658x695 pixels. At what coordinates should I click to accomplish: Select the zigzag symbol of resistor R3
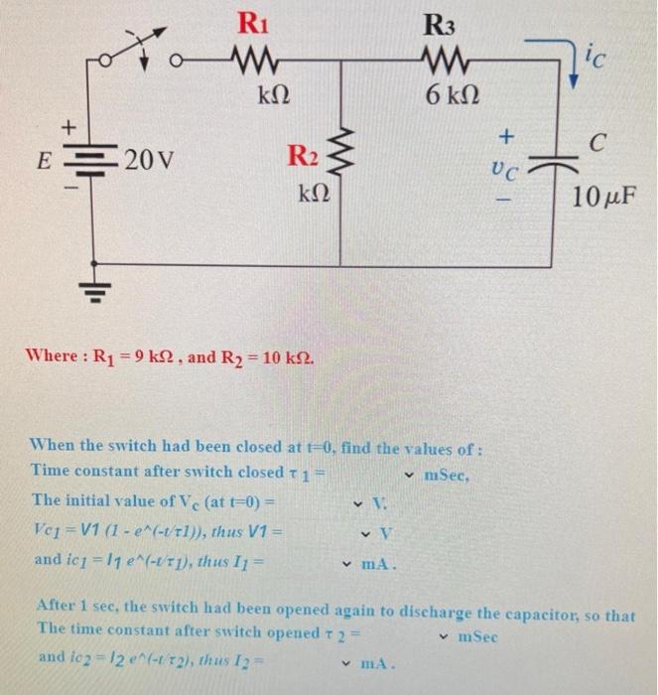click(437, 62)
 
